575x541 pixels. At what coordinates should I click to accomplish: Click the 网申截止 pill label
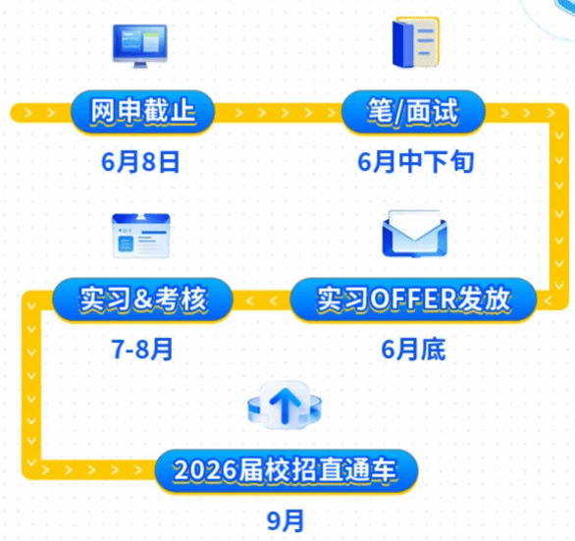pyautogui.click(x=142, y=112)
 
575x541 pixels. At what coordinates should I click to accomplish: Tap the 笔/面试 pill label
pyautogui.click(x=413, y=112)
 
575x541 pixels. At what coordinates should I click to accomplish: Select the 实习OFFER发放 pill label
pyautogui.click(x=413, y=299)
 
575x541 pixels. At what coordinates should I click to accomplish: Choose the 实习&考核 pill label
pyautogui.click(x=142, y=299)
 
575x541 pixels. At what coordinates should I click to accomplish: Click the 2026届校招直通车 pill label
pyautogui.click(x=287, y=471)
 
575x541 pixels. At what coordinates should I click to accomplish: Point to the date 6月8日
pyautogui.click(x=140, y=162)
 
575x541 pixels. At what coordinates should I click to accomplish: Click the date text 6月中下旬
pyautogui.click(x=415, y=162)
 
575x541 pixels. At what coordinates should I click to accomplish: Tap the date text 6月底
pyautogui.click(x=414, y=349)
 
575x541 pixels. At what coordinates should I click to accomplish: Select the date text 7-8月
pyautogui.click(x=142, y=349)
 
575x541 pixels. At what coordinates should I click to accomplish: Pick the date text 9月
pyautogui.click(x=286, y=520)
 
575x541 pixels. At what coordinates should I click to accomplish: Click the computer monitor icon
pyautogui.click(x=139, y=46)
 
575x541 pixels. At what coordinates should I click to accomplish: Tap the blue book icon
pyautogui.click(x=415, y=42)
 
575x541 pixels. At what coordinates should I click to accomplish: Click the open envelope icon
pyautogui.click(x=414, y=233)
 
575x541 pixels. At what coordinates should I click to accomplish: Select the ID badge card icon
pyautogui.click(x=141, y=236)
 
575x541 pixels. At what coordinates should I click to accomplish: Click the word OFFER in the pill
pyautogui.click(x=411, y=299)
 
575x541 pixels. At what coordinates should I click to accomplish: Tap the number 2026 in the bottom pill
pyautogui.click(x=205, y=470)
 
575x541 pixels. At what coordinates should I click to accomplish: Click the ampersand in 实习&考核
pyautogui.click(x=143, y=299)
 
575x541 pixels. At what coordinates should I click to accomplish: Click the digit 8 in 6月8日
pyautogui.click(x=149, y=162)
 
